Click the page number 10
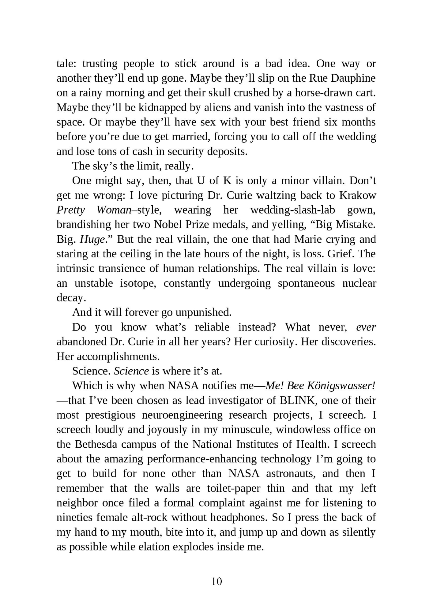point(217,581)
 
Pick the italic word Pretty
point(71,210)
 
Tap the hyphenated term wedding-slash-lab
point(292,210)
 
